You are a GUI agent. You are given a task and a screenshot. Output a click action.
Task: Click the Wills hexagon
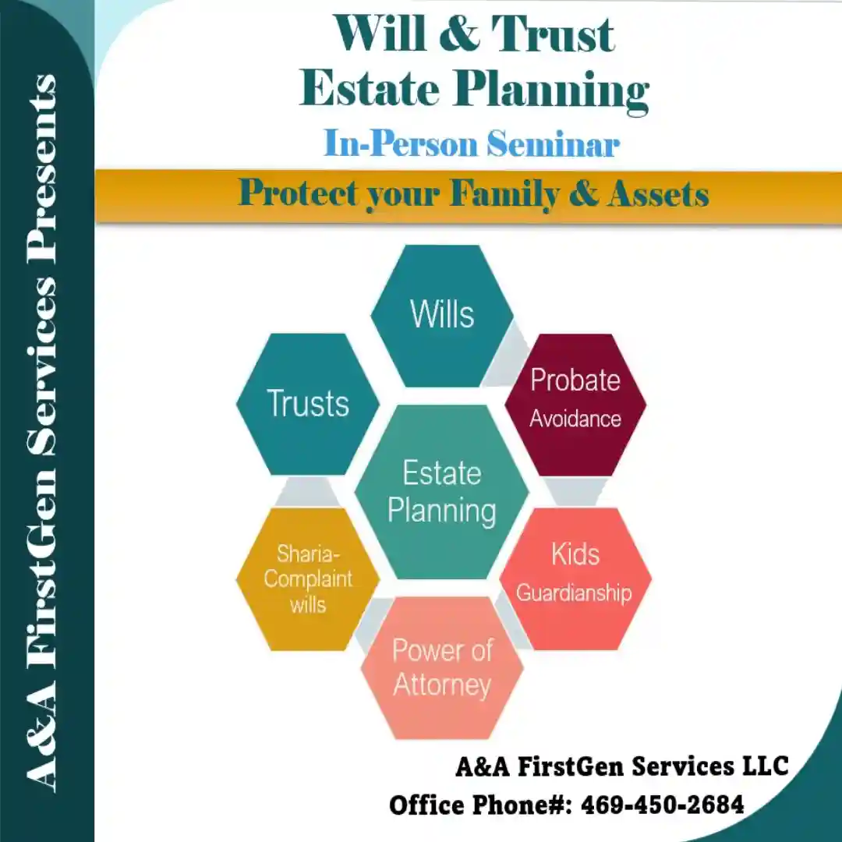(x=442, y=316)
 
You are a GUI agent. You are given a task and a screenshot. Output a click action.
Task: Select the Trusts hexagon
(x=308, y=404)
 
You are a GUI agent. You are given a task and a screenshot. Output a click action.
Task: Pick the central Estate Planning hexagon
(x=442, y=492)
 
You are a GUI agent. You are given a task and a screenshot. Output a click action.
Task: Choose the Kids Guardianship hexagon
(x=575, y=577)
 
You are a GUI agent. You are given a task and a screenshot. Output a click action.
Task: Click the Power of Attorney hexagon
(x=442, y=669)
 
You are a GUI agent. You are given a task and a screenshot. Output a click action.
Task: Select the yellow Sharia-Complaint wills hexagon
(x=308, y=578)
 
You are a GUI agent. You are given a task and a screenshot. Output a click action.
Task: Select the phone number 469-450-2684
(x=663, y=804)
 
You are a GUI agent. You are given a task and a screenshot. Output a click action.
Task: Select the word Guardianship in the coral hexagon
(x=574, y=593)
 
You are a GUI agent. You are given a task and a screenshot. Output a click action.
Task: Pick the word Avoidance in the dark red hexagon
(x=575, y=419)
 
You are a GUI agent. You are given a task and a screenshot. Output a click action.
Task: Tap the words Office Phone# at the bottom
(x=479, y=804)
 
